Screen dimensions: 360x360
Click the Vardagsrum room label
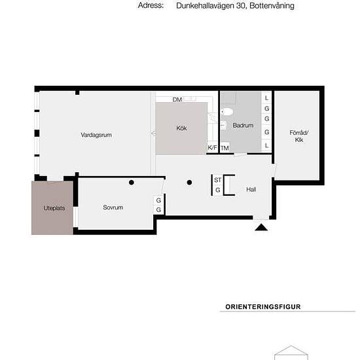coord(96,135)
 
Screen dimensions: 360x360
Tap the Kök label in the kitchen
coord(181,128)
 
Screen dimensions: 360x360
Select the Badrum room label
coord(243,126)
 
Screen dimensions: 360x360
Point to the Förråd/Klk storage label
coord(299,136)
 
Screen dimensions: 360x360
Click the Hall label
coord(251,189)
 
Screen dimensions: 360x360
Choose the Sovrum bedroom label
coord(113,207)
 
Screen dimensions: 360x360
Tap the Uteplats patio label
coord(54,208)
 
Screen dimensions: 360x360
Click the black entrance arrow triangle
coord(261,227)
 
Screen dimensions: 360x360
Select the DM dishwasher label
coord(177,99)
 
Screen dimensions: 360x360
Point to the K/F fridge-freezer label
coord(212,148)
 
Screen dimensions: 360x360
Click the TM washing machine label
coord(225,149)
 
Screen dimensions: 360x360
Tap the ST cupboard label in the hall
coord(218,180)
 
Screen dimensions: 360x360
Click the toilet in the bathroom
coord(227,112)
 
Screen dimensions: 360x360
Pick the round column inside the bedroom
coord(132,183)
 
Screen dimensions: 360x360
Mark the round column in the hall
coord(189,183)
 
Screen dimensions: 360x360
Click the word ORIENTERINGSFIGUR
coord(263,307)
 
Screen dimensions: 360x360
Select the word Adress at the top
coord(151,5)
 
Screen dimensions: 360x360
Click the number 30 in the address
coord(241,6)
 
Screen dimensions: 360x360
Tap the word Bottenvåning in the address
coord(272,6)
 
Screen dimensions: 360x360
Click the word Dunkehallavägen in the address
coord(205,6)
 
